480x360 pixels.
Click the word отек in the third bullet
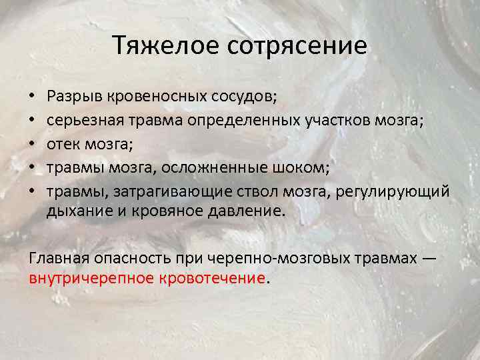tap(61, 143)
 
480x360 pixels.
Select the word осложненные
tap(213, 166)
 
